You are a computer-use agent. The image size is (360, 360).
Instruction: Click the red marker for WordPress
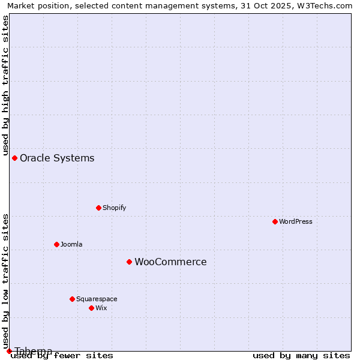pyautogui.click(x=275, y=221)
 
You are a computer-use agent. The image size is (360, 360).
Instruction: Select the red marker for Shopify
pyautogui.click(x=98, y=208)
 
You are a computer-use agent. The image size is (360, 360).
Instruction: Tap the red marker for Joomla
pyautogui.click(x=56, y=244)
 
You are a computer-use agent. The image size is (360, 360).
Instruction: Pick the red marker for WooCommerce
pyautogui.click(x=129, y=262)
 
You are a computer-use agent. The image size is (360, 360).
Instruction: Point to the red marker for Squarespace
pyautogui.click(x=72, y=299)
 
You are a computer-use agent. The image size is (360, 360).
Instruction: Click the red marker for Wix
pyautogui.click(x=91, y=308)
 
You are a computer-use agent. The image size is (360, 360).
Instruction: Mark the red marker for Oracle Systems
pyautogui.click(x=14, y=158)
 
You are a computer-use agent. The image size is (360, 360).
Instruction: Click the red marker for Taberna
pyautogui.click(x=9, y=351)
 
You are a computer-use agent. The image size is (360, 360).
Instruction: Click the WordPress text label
pyautogui.click(x=296, y=221)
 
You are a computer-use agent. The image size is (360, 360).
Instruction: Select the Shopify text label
pyautogui.click(x=114, y=208)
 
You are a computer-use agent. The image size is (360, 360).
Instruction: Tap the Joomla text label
pyautogui.click(x=71, y=244)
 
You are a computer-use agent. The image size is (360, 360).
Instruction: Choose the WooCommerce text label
pyautogui.click(x=170, y=262)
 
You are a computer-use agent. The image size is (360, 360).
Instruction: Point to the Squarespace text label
pyautogui.click(x=97, y=299)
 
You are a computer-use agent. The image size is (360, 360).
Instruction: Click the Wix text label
pyautogui.click(x=101, y=308)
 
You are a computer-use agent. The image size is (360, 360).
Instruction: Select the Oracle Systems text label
pyautogui.click(x=57, y=158)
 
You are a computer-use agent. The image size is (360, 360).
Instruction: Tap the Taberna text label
pyautogui.click(x=34, y=351)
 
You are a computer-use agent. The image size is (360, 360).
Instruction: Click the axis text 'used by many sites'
pyautogui.click(x=301, y=356)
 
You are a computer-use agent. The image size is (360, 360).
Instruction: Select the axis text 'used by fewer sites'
pyautogui.click(x=62, y=356)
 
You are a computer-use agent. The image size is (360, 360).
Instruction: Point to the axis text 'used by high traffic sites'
pyautogui.click(x=6, y=85)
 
